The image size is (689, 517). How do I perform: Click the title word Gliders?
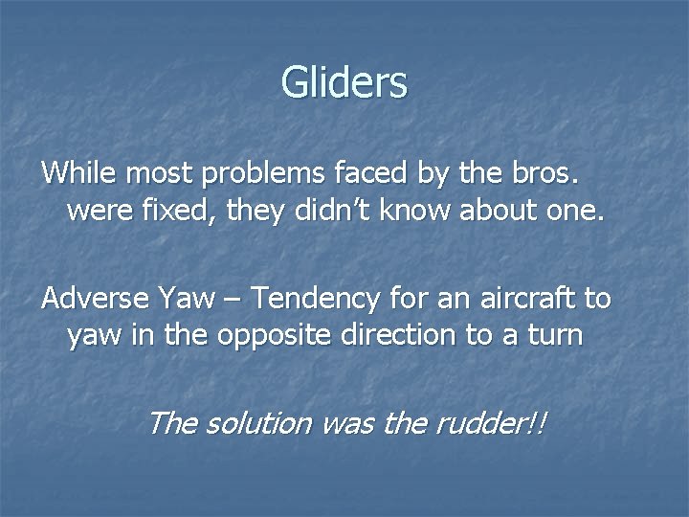click(344, 82)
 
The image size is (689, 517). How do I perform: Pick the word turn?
click(554, 336)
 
